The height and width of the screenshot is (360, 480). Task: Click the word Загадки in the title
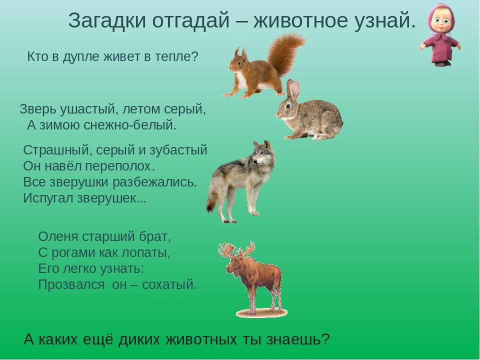point(107,21)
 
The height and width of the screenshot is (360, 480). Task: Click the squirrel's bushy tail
point(285,53)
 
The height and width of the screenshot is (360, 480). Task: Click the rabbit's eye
point(288,106)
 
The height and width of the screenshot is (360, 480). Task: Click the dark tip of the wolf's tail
point(210,207)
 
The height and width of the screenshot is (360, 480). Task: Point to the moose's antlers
point(236,250)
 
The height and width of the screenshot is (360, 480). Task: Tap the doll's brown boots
point(441,63)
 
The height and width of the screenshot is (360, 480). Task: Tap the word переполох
point(119,166)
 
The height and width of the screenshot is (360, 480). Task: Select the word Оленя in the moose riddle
point(58,236)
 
